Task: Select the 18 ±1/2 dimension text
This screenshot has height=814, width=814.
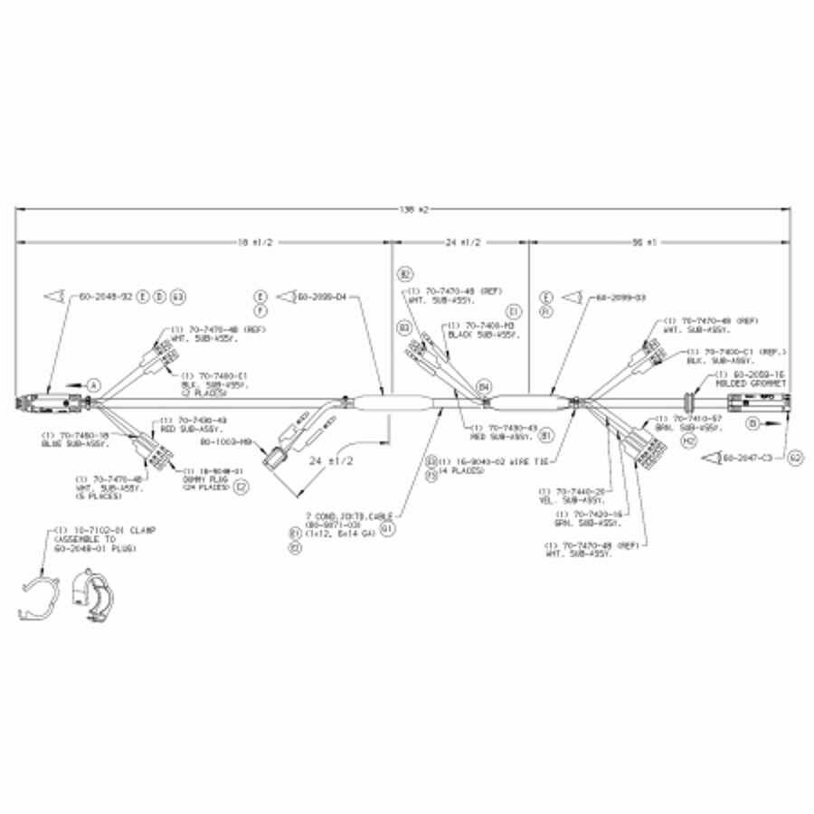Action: pos(256,242)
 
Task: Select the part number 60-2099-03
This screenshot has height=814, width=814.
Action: pos(620,297)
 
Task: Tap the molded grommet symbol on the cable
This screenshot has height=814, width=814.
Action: pos(693,398)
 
